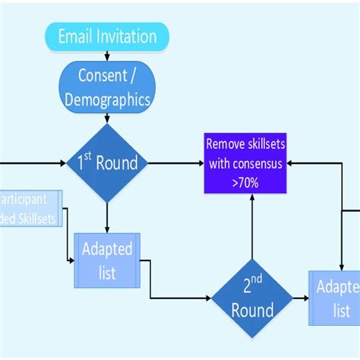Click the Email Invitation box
[x=107, y=36]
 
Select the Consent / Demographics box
[x=107, y=89]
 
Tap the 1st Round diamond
[x=107, y=163]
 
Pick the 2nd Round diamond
[x=251, y=298]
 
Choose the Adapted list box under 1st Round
[x=107, y=261]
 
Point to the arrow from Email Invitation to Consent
[x=107, y=56]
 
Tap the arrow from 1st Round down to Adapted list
[x=107, y=218]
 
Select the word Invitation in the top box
[x=130, y=36]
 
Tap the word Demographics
[x=107, y=99]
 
